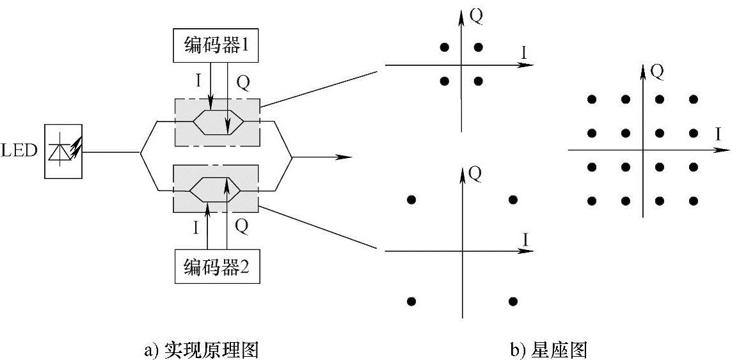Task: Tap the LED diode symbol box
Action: click(63, 152)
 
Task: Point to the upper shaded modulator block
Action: click(217, 121)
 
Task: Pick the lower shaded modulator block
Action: click(217, 189)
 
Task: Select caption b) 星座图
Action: click(548, 350)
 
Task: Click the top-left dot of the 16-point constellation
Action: click(592, 99)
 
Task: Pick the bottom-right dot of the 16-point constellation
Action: click(694, 201)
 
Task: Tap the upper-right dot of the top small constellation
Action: click(478, 47)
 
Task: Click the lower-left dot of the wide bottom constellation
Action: click(411, 301)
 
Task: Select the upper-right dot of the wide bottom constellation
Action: click(513, 200)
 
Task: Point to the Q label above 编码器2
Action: click(241, 225)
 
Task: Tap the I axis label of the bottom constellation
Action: click(525, 239)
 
